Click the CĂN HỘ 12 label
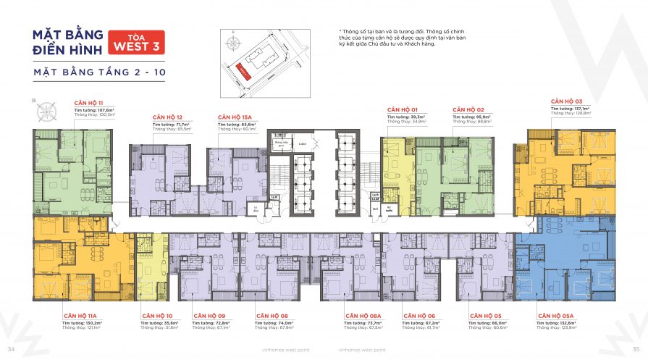pos(167,117)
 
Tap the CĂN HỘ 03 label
pos(566,101)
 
